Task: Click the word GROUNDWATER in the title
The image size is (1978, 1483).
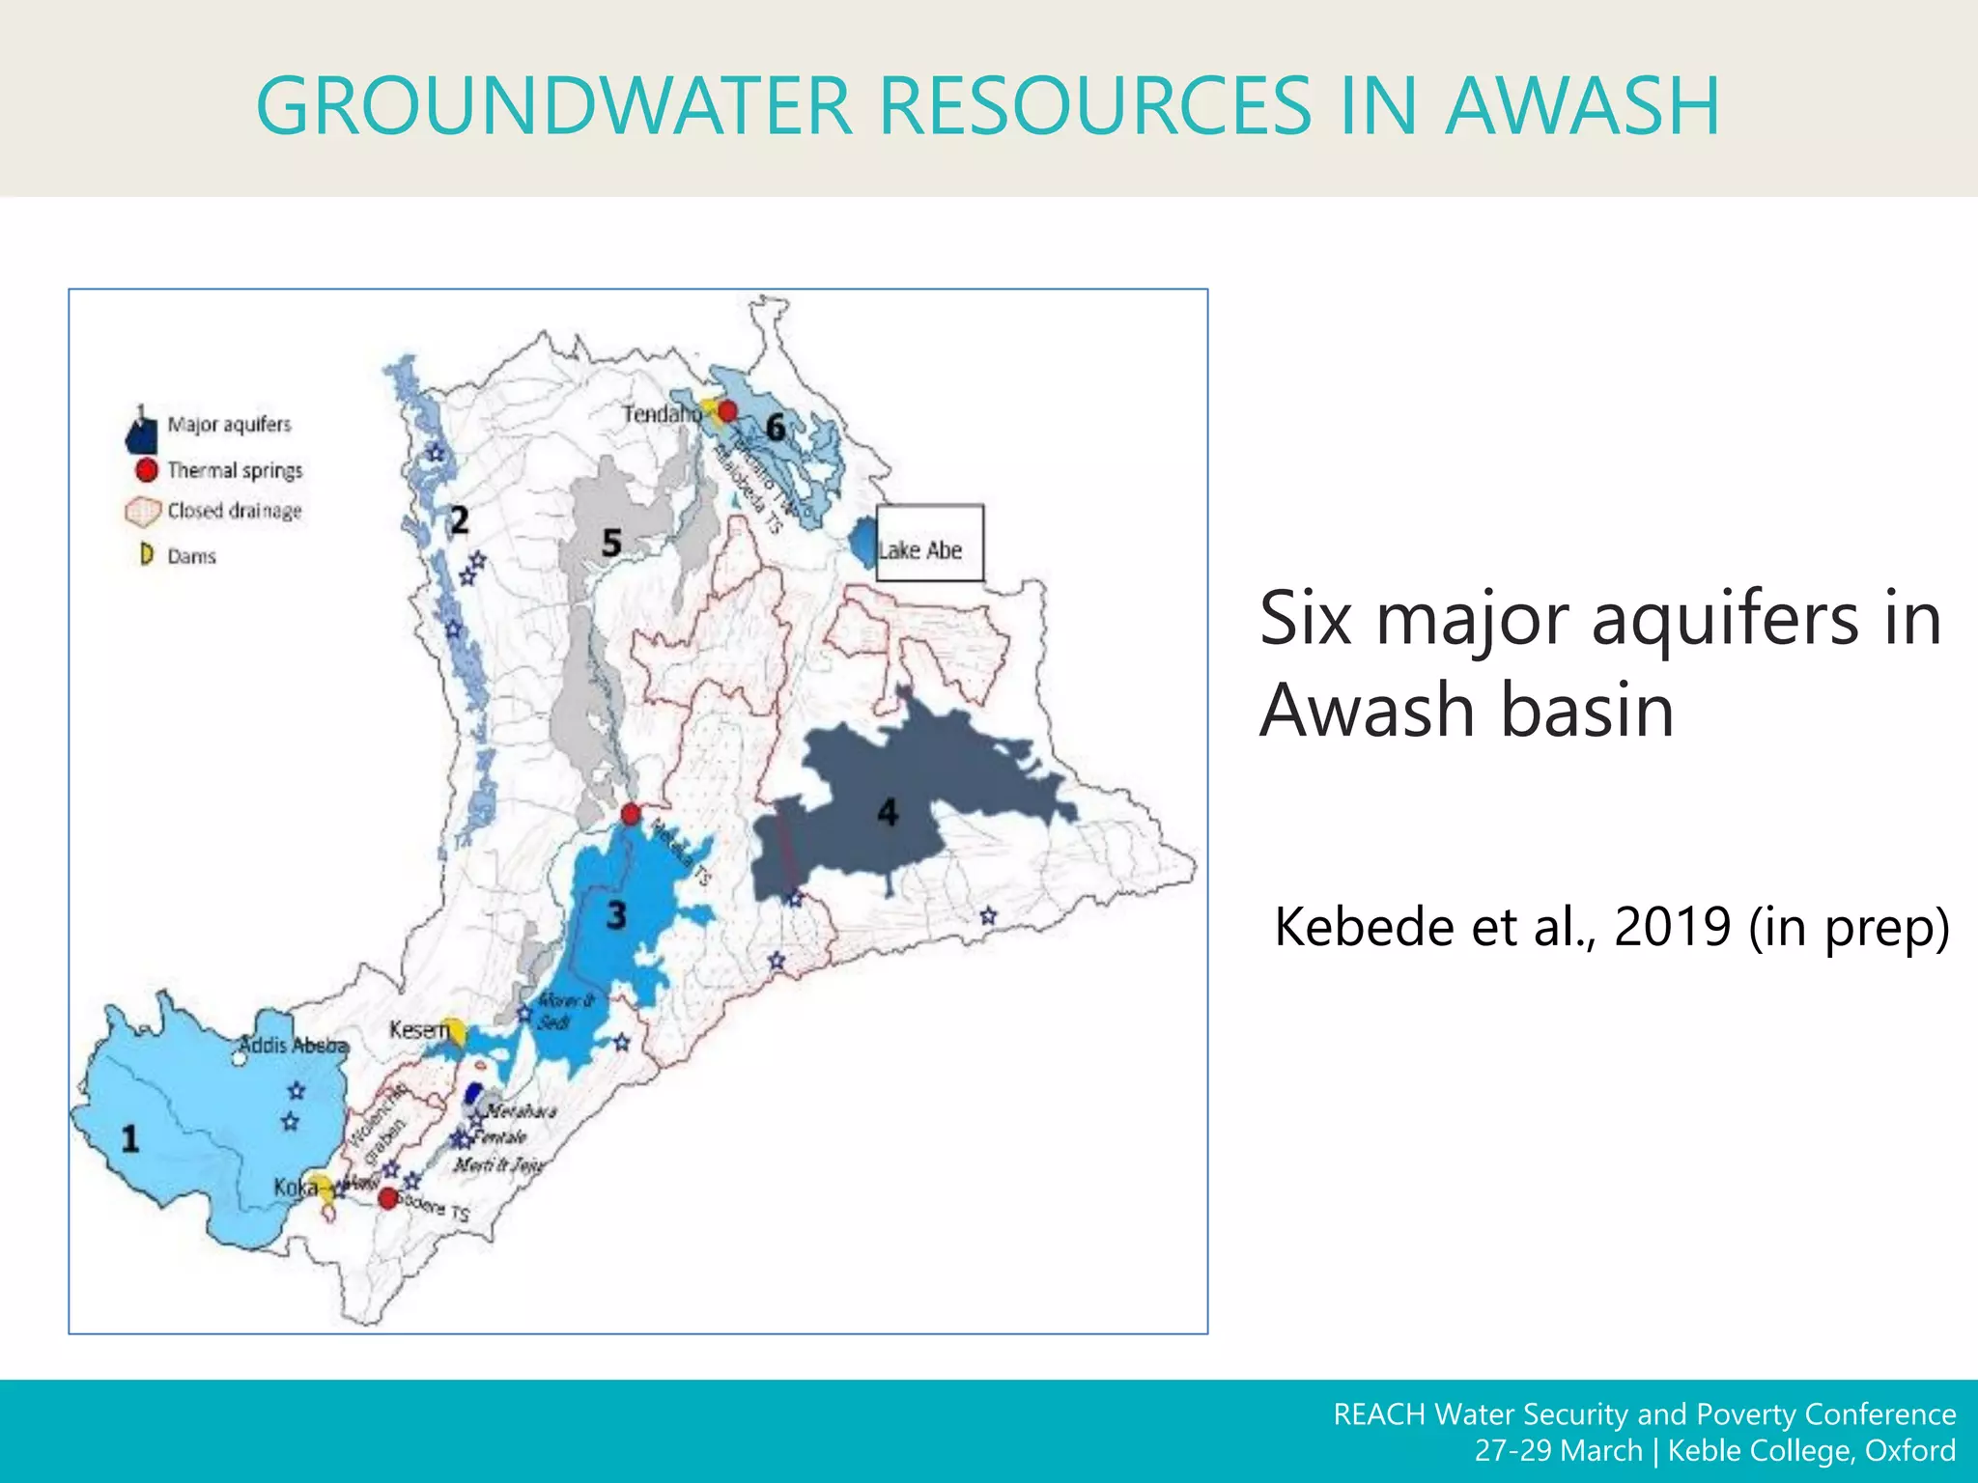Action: (554, 105)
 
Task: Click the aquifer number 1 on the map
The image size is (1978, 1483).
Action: (130, 1139)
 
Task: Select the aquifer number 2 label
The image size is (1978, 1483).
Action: (460, 520)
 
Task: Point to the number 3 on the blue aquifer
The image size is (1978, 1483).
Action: (616, 914)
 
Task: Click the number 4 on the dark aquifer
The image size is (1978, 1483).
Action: (888, 812)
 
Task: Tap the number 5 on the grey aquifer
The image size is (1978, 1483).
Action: (611, 543)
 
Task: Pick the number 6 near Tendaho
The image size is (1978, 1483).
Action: (775, 427)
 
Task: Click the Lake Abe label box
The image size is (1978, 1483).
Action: (929, 544)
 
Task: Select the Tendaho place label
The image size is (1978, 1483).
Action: (662, 414)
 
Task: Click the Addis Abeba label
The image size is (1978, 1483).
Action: (293, 1045)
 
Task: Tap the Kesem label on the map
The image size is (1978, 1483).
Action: (419, 1030)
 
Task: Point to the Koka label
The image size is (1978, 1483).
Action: (295, 1187)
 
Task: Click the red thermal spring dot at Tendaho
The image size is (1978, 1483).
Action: (728, 411)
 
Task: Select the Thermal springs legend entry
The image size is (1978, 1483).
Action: (234, 470)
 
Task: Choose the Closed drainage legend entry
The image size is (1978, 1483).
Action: (234, 511)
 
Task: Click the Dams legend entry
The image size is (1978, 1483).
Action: (191, 556)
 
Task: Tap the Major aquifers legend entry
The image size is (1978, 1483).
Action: (229, 425)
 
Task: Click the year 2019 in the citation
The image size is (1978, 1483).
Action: (1672, 927)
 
